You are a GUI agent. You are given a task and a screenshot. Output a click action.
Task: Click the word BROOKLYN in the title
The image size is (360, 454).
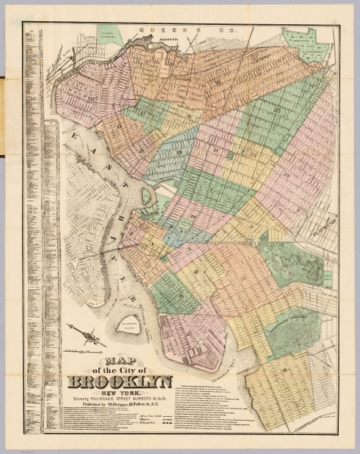[x=121, y=381]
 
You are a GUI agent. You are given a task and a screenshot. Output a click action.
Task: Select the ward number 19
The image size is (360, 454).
[x=181, y=152]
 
